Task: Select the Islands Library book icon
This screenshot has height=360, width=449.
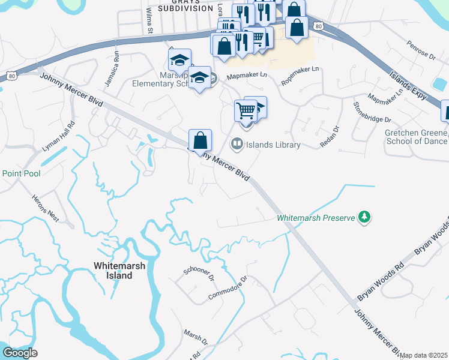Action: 237,143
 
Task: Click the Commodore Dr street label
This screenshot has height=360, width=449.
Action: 228,289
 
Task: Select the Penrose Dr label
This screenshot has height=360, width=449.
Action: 420,52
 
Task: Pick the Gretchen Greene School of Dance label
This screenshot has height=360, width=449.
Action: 417,136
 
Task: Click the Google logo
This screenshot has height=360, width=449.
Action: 20,352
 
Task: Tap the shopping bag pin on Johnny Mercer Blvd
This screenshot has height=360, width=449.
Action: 200,142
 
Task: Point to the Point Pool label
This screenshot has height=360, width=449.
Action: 21,173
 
